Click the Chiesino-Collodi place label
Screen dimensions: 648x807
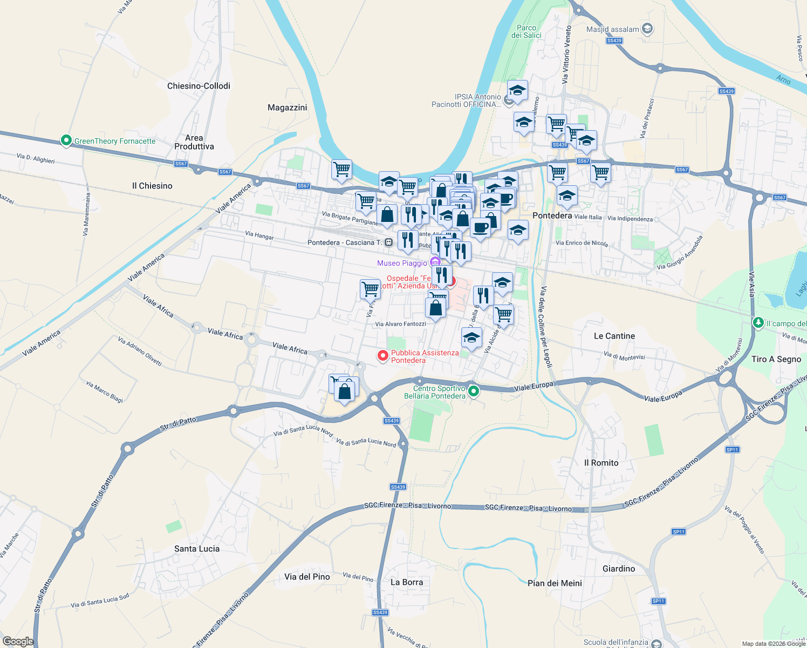click(x=199, y=86)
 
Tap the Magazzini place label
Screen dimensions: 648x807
click(x=287, y=107)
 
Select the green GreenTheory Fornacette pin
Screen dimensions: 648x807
click(x=66, y=140)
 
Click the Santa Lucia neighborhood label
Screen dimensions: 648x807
click(x=197, y=549)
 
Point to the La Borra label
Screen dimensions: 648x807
click(x=407, y=582)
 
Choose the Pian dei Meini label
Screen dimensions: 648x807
click(x=555, y=583)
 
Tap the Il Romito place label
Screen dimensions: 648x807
click(x=601, y=463)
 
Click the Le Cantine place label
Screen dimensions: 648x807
click(x=614, y=336)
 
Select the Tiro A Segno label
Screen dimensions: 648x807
click(x=776, y=359)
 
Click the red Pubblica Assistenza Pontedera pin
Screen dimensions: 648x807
click(x=383, y=355)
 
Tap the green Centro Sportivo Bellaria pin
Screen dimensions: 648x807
click(x=474, y=391)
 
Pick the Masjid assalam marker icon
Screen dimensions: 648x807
click(x=647, y=29)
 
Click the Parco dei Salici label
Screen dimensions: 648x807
click(x=526, y=31)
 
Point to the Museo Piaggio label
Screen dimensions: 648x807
click(x=402, y=263)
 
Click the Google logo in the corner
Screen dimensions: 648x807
click(x=18, y=642)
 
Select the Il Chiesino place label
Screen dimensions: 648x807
click(x=152, y=186)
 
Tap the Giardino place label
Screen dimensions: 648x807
click(x=619, y=569)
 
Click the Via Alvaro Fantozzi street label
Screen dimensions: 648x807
click(x=400, y=324)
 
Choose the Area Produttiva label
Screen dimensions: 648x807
click(x=194, y=142)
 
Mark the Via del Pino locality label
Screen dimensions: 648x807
click(x=307, y=577)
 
